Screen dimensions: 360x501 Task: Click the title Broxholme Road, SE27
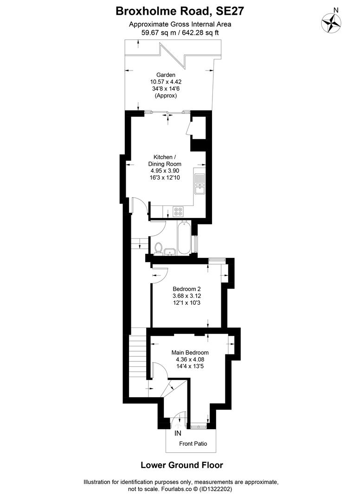tap(180, 12)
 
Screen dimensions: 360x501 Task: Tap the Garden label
tap(166, 75)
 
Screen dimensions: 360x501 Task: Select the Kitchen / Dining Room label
tap(165, 161)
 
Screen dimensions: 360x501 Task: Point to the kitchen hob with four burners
tap(178, 211)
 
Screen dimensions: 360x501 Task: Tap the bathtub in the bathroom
tap(183, 238)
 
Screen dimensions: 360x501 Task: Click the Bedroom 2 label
tap(186, 289)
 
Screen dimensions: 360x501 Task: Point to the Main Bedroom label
tap(190, 353)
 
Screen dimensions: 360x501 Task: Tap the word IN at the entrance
tap(178, 433)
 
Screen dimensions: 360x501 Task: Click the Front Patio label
tap(193, 443)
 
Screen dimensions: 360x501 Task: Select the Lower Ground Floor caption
tap(182, 465)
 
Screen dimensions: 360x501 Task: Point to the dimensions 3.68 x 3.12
tap(187, 296)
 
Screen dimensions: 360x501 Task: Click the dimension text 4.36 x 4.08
tap(190, 360)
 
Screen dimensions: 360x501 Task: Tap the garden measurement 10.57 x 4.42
tap(166, 82)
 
